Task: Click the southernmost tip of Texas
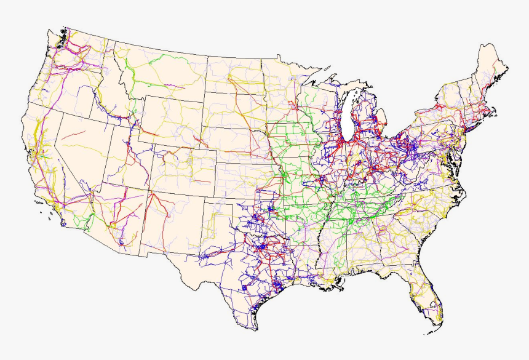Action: [253, 329]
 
